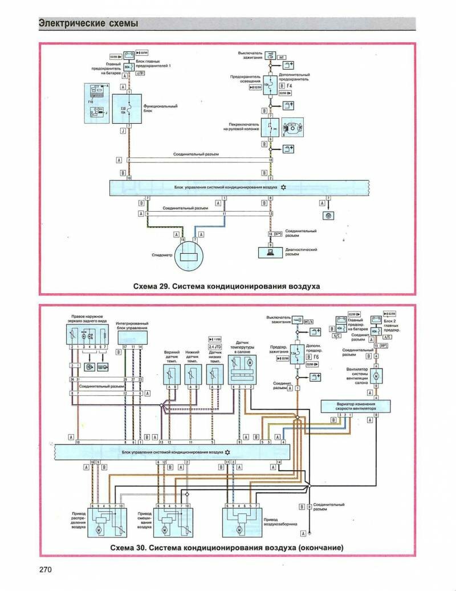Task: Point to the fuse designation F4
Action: [x=289, y=86]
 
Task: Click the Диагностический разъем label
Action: [x=300, y=252]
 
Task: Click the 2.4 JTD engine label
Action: [x=215, y=346]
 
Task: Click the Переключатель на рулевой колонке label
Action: [x=241, y=127]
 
